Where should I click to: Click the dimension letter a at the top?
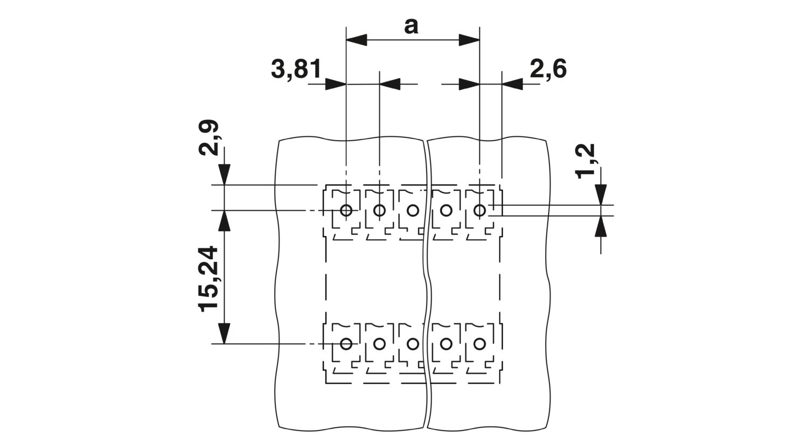[x=411, y=27]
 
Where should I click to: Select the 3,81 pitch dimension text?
[x=296, y=70]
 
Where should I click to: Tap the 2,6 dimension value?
[x=548, y=70]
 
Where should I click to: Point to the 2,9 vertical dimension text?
[x=209, y=138]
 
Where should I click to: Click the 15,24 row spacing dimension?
[x=209, y=279]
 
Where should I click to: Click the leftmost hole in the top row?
[x=346, y=210]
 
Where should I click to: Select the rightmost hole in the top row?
[x=479, y=210]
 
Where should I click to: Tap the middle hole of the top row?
[x=413, y=210]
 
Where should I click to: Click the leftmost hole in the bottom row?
[x=346, y=344]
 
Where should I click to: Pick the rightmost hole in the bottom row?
[x=479, y=344]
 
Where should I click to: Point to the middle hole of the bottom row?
[x=413, y=344]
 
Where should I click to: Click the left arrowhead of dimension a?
[x=357, y=40]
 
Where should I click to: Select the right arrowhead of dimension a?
[x=469, y=40]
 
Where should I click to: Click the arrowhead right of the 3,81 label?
[x=336, y=85]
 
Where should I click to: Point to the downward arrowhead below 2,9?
[x=225, y=175]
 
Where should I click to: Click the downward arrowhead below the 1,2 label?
[x=601, y=195]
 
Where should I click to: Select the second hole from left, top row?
[x=379, y=210]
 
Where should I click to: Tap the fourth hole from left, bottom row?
[x=446, y=344]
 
